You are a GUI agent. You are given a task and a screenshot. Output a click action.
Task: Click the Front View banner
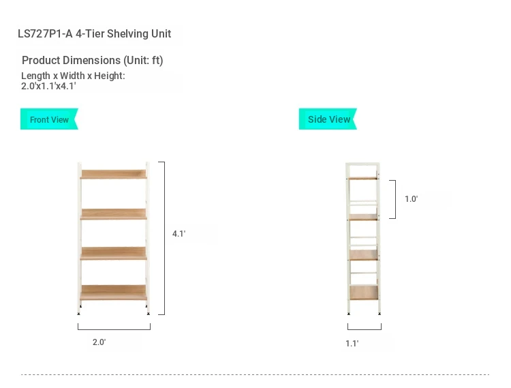click(49, 119)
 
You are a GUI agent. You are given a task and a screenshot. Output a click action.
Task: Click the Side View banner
click(328, 119)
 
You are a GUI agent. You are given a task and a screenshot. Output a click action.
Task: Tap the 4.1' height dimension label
click(179, 233)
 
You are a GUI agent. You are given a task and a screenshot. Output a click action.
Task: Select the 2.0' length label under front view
click(99, 342)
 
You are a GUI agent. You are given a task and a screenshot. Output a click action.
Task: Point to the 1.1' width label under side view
click(352, 343)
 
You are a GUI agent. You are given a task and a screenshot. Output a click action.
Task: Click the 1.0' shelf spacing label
click(412, 199)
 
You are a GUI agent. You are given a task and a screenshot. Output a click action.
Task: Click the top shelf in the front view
click(113, 174)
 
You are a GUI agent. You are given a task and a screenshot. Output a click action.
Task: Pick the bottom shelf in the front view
click(113, 293)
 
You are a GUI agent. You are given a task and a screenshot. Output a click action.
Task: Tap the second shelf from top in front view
click(113, 214)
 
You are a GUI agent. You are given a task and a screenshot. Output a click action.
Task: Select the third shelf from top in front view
click(113, 254)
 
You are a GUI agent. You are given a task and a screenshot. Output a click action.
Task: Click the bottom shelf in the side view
click(364, 293)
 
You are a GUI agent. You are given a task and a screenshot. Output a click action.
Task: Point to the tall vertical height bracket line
click(164, 238)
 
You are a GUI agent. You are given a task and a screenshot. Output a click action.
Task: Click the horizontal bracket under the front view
click(114, 329)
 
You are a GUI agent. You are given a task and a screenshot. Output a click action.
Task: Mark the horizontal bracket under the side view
click(365, 329)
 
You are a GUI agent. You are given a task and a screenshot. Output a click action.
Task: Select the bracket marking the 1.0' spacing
click(395, 199)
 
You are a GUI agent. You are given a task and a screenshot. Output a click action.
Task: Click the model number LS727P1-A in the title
click(45, 33)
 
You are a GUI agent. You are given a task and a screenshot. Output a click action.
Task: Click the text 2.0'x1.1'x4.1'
click(48, 86)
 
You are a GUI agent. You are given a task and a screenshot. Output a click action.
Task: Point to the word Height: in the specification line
click(110, 76)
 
